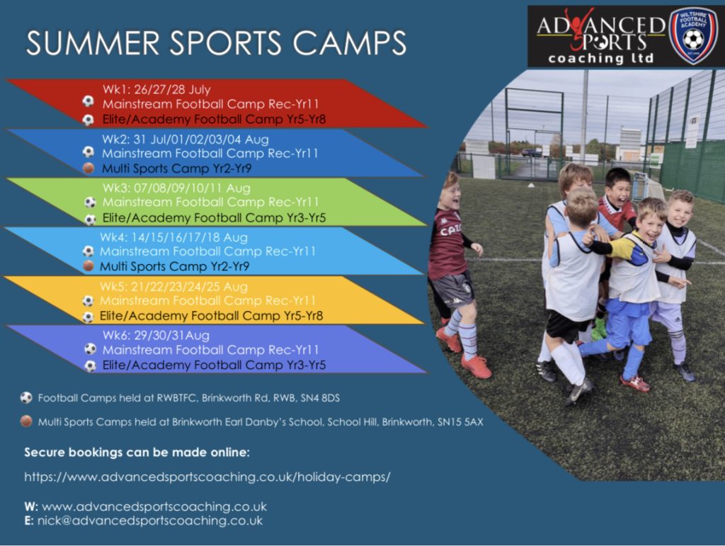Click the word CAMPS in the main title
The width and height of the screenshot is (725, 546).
(x=350, y=43)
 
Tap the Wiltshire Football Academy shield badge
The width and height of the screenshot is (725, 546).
(x=692, y=35)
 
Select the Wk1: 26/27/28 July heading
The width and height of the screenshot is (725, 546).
(x=156, y=89)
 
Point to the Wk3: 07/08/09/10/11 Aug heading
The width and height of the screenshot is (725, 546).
(x=176, y=188)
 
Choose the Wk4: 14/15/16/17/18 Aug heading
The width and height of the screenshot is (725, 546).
(x=173, y=238)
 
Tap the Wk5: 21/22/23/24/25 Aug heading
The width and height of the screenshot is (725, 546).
(x=173, y=287)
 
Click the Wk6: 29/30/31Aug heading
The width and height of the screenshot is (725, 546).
(x=156, y=335)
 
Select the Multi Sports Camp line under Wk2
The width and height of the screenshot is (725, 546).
(x=176, y=169)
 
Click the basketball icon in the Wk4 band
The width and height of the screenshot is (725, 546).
(x=89, y=266)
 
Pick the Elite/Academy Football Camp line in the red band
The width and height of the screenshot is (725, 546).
(x=214, y=119)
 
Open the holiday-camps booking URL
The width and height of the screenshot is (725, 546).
(x=207, y=477)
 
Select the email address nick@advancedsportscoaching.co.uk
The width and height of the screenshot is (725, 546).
(x=150, y=521)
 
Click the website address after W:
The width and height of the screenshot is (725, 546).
(x=154, y=507)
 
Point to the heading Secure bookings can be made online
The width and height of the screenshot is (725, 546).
(x=137, y=452)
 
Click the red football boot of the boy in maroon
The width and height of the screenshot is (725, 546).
(x=476, y=367)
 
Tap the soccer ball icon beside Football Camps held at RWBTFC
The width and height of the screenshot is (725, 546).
(x=26, y=397)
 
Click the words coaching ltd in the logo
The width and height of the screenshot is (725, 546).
(x=600, y=58)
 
